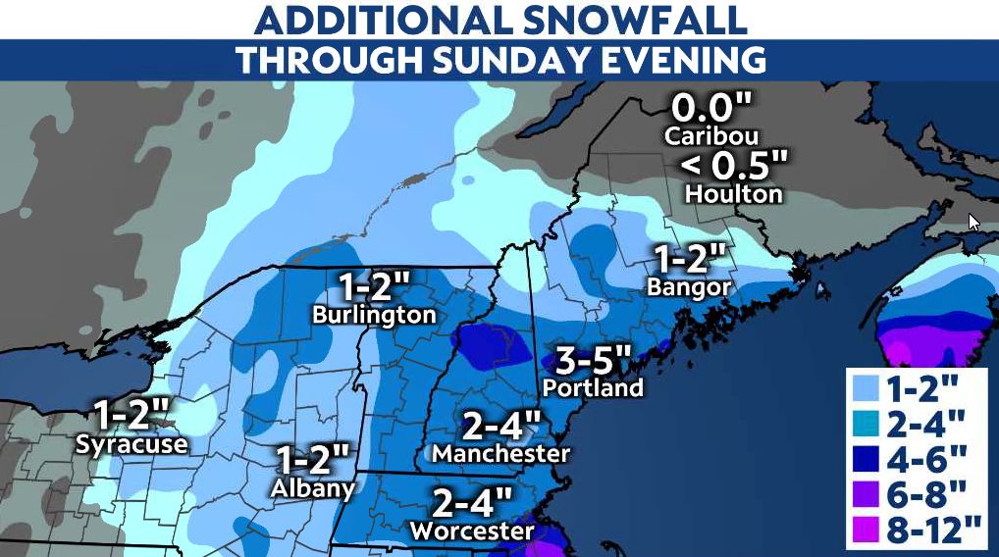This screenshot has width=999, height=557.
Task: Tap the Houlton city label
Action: (733, 193)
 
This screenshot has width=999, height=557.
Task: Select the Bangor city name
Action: (689, 286)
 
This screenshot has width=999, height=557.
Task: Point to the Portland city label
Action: (594, 386)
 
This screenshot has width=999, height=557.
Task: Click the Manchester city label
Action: (500, 454)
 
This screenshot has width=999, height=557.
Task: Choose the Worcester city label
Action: (472, 531)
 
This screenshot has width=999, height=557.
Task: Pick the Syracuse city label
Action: (131, 443)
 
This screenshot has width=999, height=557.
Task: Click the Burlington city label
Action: (374, 315)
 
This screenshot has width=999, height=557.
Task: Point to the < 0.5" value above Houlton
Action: (733, 163)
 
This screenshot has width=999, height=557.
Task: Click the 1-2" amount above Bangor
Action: (691, 260)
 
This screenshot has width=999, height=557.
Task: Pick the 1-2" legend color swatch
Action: (868, 385)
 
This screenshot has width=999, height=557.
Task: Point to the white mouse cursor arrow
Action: (973, 222)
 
